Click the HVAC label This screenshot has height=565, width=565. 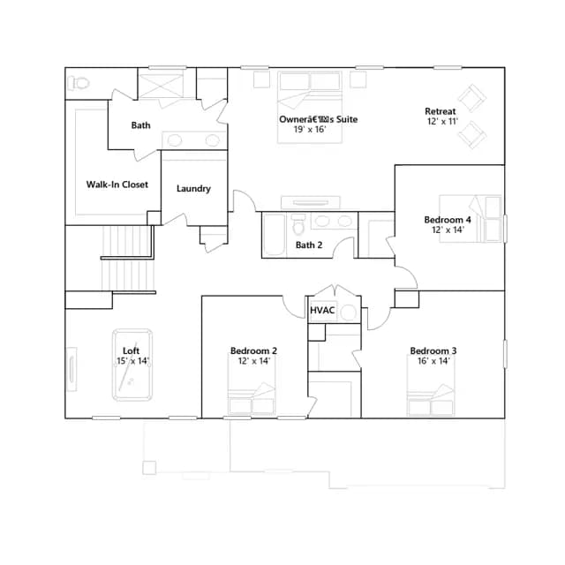click(322, 310)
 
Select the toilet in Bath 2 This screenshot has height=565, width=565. click(298, 224)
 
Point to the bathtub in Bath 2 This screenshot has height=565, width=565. click(275, 235)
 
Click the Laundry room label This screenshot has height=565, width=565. click(193, 188)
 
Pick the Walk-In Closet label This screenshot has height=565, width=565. click(117, 185)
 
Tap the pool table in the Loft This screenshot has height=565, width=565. click(132, 365)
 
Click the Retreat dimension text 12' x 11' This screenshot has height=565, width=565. click(442, 122)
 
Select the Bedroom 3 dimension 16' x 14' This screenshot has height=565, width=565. click(433, 361)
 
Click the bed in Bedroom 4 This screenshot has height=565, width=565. click(470, 219)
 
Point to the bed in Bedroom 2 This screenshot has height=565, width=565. click(252, 384)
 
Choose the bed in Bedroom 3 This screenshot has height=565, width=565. click(431, 385)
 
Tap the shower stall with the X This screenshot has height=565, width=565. click(161, 87)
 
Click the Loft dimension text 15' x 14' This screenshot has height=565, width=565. click(132, 361)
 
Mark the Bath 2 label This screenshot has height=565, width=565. click(309, 245)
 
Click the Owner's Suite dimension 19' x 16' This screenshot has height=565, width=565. click(310, 130)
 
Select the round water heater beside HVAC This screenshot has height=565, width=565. click(349, 313)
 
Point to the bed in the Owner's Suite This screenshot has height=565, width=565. click(310, 107)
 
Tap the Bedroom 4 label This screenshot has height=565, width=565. click(448, 220)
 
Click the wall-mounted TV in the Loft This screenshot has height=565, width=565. click(72, 369)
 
